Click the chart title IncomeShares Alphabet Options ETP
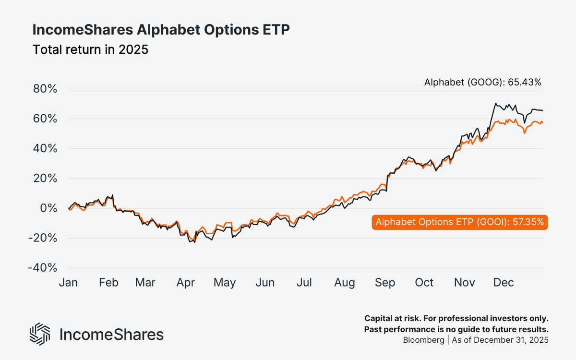tap(161, 30)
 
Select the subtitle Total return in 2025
tap(90, 49)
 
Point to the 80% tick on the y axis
tap(45, 89)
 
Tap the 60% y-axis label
tap(45, 119)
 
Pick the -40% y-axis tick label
tap(43, 268)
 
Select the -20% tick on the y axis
tap(43, 238)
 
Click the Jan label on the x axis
tap(68, 283)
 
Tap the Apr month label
tap(185, 283)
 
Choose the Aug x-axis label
tap(345, 283)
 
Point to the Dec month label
tap(503, 283)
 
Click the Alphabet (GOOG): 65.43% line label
tap(482, 83)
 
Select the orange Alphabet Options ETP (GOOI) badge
tap(459, 222)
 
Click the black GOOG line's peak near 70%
tap(495, 103)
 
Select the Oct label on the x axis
tap(424, 283)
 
